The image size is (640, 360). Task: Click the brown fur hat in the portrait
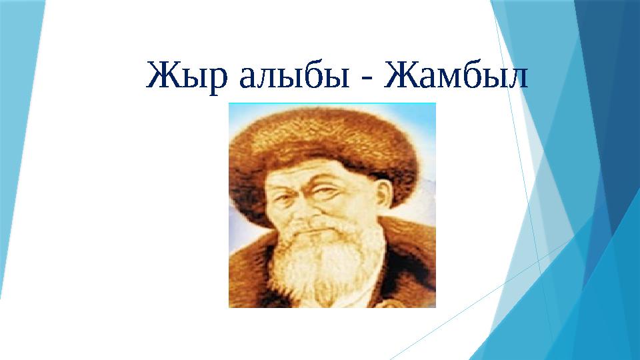(323, 143)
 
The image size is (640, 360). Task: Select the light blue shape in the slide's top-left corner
(17, 100)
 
